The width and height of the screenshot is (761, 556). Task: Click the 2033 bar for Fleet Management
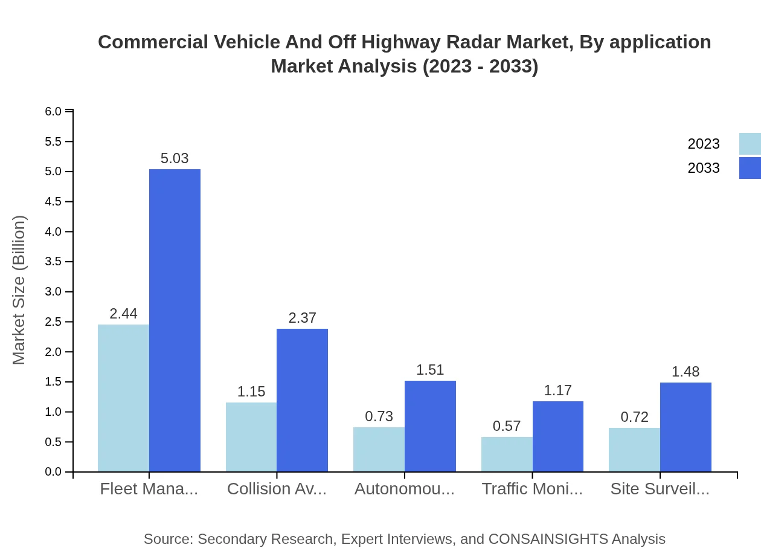175,320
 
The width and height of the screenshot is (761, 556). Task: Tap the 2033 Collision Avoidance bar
302,400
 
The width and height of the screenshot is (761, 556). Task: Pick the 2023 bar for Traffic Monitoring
507,454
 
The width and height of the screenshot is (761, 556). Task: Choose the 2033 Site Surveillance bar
686,427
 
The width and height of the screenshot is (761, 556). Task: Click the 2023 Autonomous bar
379,449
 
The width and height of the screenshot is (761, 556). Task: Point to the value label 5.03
175,158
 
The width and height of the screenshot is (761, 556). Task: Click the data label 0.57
507,426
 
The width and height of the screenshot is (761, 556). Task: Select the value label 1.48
686,372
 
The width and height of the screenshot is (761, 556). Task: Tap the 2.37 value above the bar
302,318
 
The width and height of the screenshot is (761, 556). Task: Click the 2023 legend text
704,144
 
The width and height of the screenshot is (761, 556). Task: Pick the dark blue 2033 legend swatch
750,168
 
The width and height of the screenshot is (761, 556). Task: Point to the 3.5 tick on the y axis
54,262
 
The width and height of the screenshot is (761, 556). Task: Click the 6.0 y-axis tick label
54,111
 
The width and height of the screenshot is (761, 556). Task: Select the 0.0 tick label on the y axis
54,472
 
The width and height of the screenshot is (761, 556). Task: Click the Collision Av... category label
277,489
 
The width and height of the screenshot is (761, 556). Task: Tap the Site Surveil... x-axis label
660,489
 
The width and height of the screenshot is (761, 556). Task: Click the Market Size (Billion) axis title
19,290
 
